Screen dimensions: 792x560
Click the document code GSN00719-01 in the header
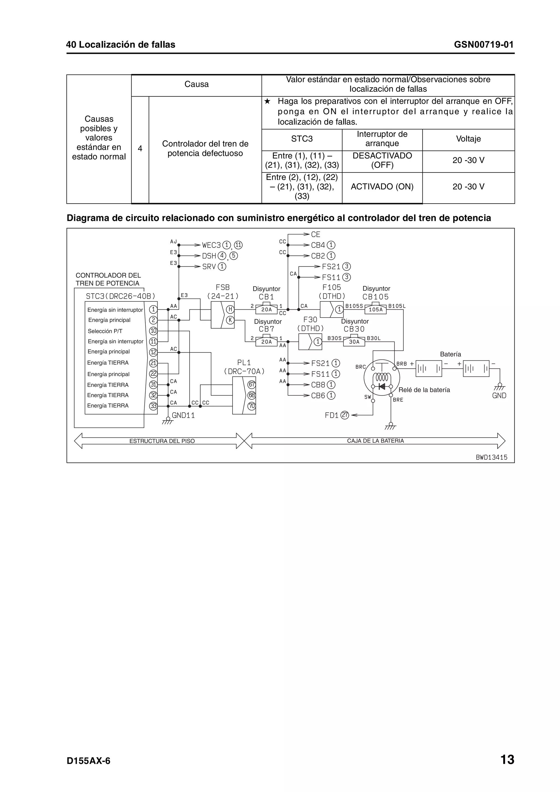click(x=483, y=45)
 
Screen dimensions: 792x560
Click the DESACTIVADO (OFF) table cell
click(x=382, y=160)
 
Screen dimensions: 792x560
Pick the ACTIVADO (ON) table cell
click(x=382, y=187)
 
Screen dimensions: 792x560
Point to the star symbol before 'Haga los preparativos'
click(x=267, y=101)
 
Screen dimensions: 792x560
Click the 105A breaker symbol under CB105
click(x=376, y=309)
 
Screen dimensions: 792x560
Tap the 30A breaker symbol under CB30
click(x=354, y=342)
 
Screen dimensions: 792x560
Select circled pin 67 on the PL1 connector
click(x=252, y=384)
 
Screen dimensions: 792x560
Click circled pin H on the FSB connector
click(x=230, y=309)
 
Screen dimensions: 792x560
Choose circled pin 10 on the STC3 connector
click(x=153, y=331)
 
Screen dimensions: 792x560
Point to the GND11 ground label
click(x=183, y=415)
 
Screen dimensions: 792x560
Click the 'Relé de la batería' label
click(x=424, y=390)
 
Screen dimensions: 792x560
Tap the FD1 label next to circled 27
click(x=332, y=415)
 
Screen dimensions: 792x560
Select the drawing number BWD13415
click(x=491, y=457)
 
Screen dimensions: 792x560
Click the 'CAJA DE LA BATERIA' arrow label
click(x=375, y=441)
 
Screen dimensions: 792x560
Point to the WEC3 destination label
click(x=211, y=245)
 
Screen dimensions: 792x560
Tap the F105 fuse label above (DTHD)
click(x=332, y=287)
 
